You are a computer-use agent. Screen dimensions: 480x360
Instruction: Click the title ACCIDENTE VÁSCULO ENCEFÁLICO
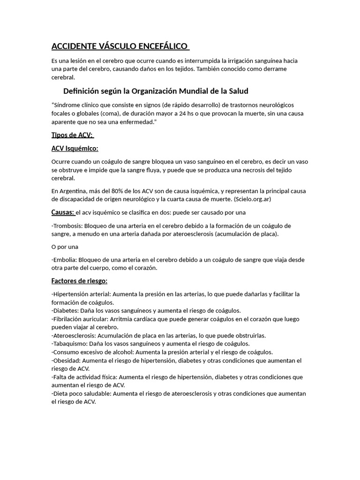[x=120, y=46]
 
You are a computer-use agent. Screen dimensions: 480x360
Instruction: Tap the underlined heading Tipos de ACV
[x=72, y=135]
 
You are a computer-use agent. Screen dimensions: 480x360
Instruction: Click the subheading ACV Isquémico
[x=75, y=149]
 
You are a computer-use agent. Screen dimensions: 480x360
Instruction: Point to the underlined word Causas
[x=62, y=212]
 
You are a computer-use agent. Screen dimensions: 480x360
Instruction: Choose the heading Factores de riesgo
[x=79, y=281]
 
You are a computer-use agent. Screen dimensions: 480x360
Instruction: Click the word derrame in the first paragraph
[x=276, y=69]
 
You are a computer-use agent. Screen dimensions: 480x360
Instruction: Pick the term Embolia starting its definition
[x=65, y=260]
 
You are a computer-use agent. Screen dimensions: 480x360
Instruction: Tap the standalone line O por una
[x=65, y=247]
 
